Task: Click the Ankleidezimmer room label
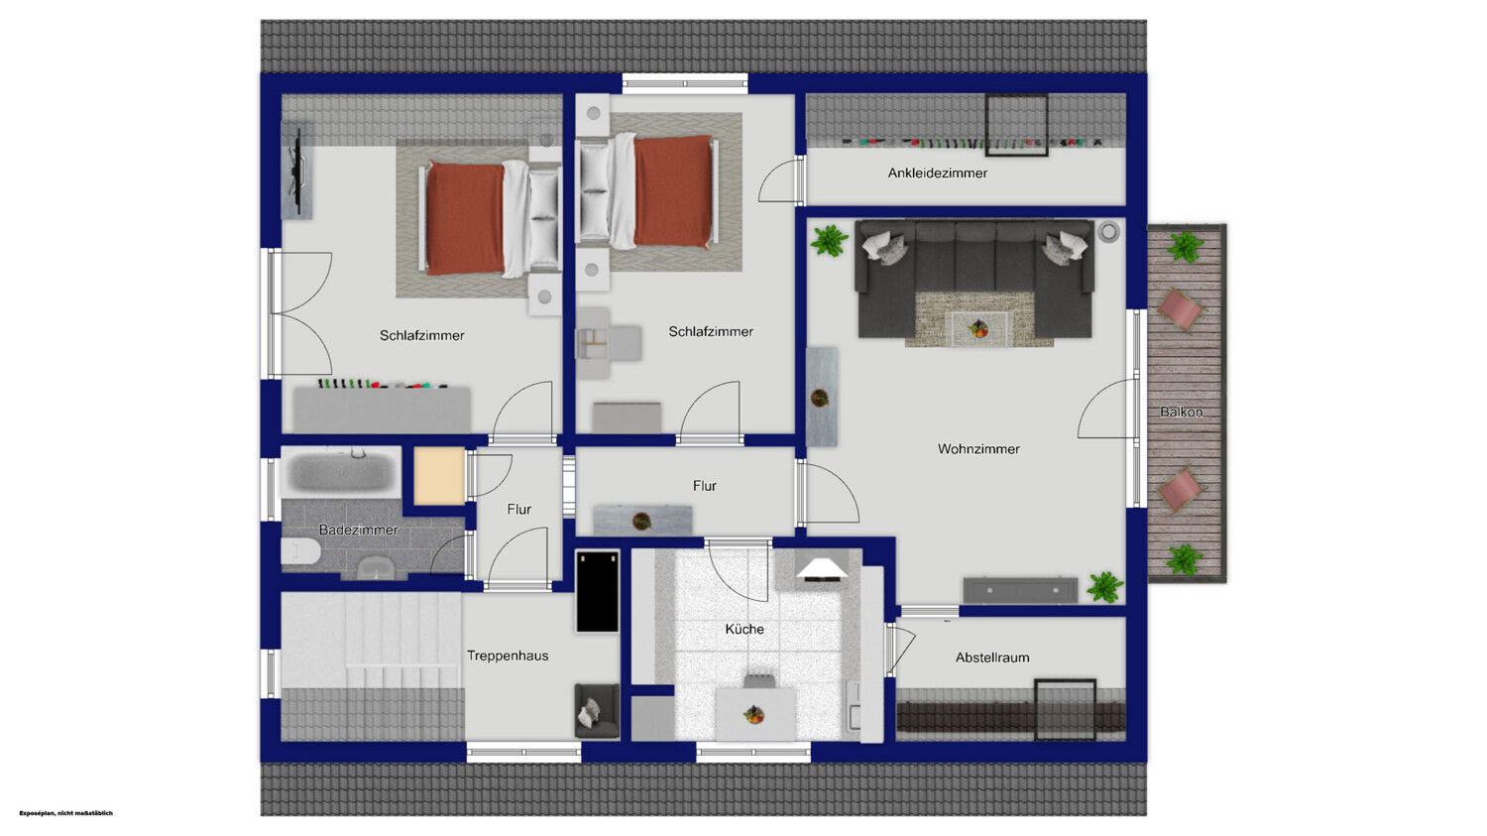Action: pyautogui.click(x=938, y=174)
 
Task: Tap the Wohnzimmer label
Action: pyautogui.click(x=978, y=449)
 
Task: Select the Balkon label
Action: pyautogui.click(x=1181, y=412)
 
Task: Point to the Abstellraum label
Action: pyautogui.click(x=992, y=657)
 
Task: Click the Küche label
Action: pyautogui.click(x=744, y=629)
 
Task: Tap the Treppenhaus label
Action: pyautogui.click(x=508, y=657)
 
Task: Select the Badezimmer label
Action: pyautogui.click(x=359, y=530)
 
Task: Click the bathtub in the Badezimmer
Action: pyautogui.click(x=341, y=471)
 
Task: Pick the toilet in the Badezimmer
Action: pyautogui.click(x=300, y=551)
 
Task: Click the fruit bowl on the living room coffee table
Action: pyautogui.click(x=977, y=328)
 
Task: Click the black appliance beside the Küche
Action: pyautogui.click(x=598, y=590)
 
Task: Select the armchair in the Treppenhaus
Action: pyautogui.click(x=596, y=710)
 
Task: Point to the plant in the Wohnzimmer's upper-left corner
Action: pyautogui.click(x=829, y=240)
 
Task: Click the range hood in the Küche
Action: pyautogui.click(x=821, y=569)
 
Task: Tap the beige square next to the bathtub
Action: pyautogui.click(x=439, y=475)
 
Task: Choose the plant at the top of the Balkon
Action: pyautogui.click(x=1185, y=246)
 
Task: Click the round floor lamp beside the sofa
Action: pyautogui.click(x=1108, y=232)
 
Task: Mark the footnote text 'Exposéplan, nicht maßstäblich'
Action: pyautogui.click(x=65, y=813)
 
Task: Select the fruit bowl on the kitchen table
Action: pyautogui.click(x=753, y=715)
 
